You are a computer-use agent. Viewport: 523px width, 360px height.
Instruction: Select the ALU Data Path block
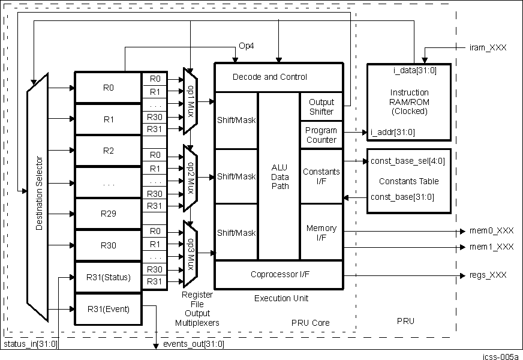click(x=279, y=177)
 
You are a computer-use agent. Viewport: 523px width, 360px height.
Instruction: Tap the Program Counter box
click(x=321, y=135)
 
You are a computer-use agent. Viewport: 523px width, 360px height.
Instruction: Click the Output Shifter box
click(x=321, y=107)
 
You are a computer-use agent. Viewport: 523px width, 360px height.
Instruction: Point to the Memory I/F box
click(x=321, y=233)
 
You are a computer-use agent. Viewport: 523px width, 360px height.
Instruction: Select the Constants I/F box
click(x=321, y=176)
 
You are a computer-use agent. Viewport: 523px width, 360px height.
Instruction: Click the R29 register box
click(x=108, y=214)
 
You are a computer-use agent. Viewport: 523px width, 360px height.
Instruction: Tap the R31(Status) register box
click(x=108, y=277)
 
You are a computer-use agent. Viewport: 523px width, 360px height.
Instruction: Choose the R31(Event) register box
click(x=108, y=309)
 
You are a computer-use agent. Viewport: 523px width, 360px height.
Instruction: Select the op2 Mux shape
click(x=190, y=177)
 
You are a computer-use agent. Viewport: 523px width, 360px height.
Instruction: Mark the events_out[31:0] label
click(x=194, y=344)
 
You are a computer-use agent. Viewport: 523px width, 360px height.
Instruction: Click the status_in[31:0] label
click(x=31, y=344)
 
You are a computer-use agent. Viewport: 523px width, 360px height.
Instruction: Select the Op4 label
click(x=246, y=46)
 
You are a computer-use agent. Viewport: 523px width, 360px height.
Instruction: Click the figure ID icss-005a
click(x=500, y=356)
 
